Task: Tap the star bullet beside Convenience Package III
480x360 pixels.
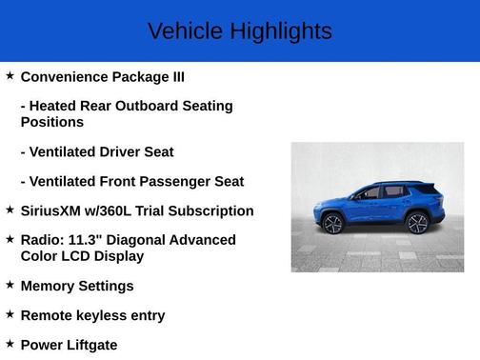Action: pyautogui.click(x=10, y=75)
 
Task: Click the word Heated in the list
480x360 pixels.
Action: pyautogui.click(x=58, y=107)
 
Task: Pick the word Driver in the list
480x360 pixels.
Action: pyautogui.click(x=125, y=152)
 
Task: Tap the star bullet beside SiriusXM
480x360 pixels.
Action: pyautogui.click(x=10, y=210)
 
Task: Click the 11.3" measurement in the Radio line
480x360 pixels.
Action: pyautogui.click(x=88, y=240)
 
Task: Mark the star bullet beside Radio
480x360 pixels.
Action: pyautogui.click(x=10, y=238)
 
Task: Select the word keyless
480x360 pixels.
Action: pyautogui.click(x=103, y=315)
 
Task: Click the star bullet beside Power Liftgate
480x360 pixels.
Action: pyautogui.click(x=10, y=343)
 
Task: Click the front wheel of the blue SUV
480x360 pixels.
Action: pyautogui.click(x=332, y=224)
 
